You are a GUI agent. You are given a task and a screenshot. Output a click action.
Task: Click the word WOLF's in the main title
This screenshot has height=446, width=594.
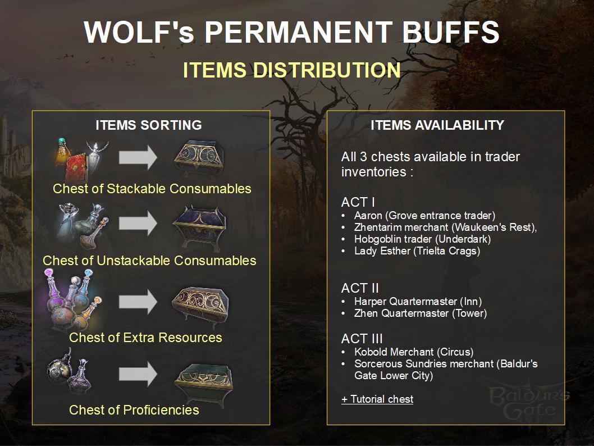pos(139,32)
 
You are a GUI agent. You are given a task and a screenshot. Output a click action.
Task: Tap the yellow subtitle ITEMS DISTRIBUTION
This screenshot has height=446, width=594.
pos(292,70)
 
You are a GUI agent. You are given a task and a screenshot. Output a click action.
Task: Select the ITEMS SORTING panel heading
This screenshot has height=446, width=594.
pos(148,125)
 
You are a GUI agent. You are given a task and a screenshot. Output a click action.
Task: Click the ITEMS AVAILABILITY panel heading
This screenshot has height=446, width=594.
pos(437,125)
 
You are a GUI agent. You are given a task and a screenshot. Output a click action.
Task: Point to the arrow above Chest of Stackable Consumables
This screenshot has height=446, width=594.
pos(138,157)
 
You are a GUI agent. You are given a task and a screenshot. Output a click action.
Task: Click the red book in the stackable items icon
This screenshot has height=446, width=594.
pos(76,167)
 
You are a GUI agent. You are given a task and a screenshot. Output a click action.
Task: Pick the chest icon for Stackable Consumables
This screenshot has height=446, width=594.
pos(199,158)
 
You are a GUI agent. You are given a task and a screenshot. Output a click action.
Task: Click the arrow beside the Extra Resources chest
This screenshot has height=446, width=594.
pos(138,302)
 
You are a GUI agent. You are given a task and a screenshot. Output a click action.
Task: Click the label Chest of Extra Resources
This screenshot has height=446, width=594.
pos(145,337)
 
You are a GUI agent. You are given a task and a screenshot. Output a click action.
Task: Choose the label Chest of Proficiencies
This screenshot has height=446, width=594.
pos(134,409)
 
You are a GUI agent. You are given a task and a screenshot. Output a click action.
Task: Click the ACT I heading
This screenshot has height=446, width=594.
pos(358,202)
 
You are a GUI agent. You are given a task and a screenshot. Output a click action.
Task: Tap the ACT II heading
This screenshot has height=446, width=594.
pos(360,288)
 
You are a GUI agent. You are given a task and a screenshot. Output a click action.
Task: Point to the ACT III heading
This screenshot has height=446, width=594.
pos(362,339)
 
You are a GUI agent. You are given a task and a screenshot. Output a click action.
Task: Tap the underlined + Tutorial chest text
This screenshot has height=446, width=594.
pos(377,399)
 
